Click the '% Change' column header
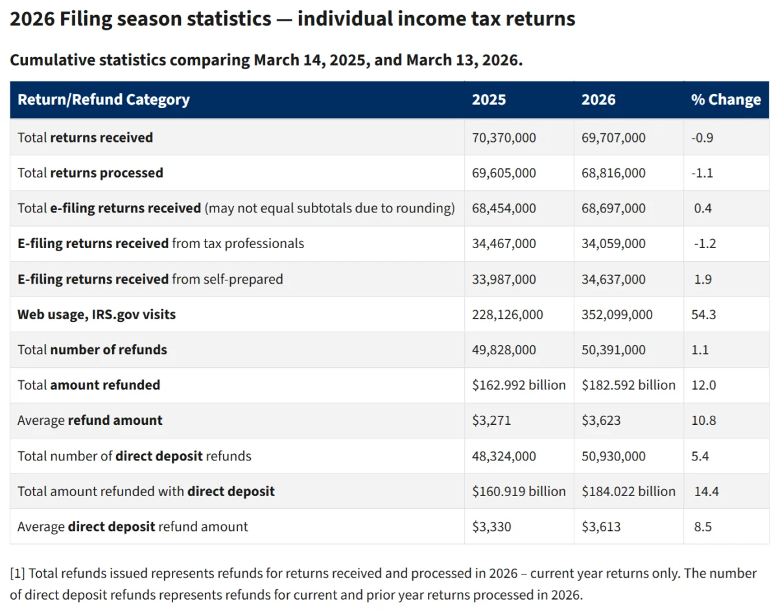(725, 100)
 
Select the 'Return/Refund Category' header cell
(104, 100)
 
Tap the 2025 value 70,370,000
(504, 138)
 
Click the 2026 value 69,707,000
(613, 138)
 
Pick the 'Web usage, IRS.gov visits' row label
(97, 315)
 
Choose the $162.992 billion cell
(519, 385)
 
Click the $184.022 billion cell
(628, 492)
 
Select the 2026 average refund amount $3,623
(601, 420)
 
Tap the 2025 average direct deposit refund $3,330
(491, 527)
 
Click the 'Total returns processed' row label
(90, 173)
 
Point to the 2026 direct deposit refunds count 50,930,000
(613, 456)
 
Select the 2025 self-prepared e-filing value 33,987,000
(504, 279)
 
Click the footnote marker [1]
(18, 574)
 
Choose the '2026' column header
(598, 100)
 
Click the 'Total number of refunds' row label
(92, 350)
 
